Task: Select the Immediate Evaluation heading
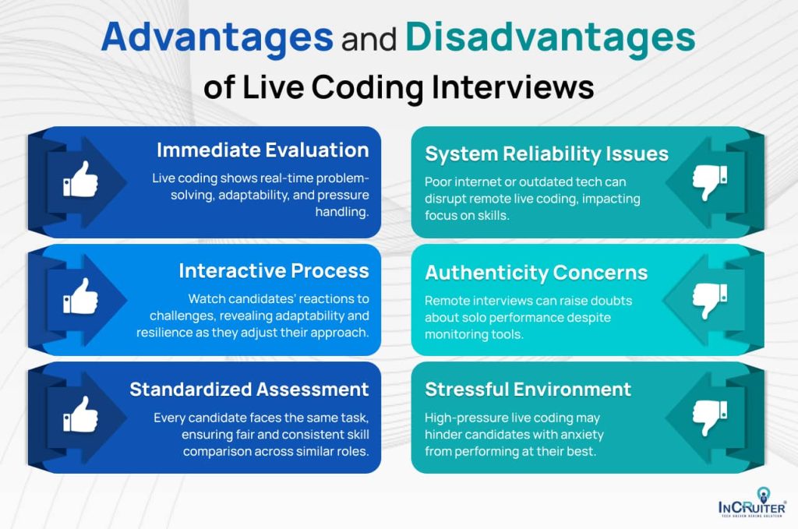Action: point(263,150)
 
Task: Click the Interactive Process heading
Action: point(274,270)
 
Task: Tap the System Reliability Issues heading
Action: point(546,153)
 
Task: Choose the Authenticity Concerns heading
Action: point(536,273)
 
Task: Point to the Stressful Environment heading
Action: point(528,389)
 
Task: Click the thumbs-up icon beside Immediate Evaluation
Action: point(81,182)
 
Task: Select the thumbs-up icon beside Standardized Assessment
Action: point(81,414)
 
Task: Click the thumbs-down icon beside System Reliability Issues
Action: point(709,182)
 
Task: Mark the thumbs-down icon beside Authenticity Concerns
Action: point(709,299)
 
